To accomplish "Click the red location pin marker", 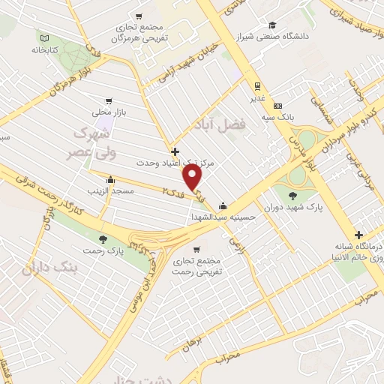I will (x=193, y=177).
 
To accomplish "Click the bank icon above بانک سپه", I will (x=277, y=106).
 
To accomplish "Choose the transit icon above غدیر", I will (x=257, y=85).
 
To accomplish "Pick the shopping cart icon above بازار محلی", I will (x=109, y=100).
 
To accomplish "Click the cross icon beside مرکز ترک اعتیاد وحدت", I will (x=175, y=151).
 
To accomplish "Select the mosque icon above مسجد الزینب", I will (x=111, y=179).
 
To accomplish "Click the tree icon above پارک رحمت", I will (x=103, y=238).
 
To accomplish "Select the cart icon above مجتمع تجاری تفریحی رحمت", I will (x=196, y=249).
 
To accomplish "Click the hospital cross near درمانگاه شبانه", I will (x=359, y=235).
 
